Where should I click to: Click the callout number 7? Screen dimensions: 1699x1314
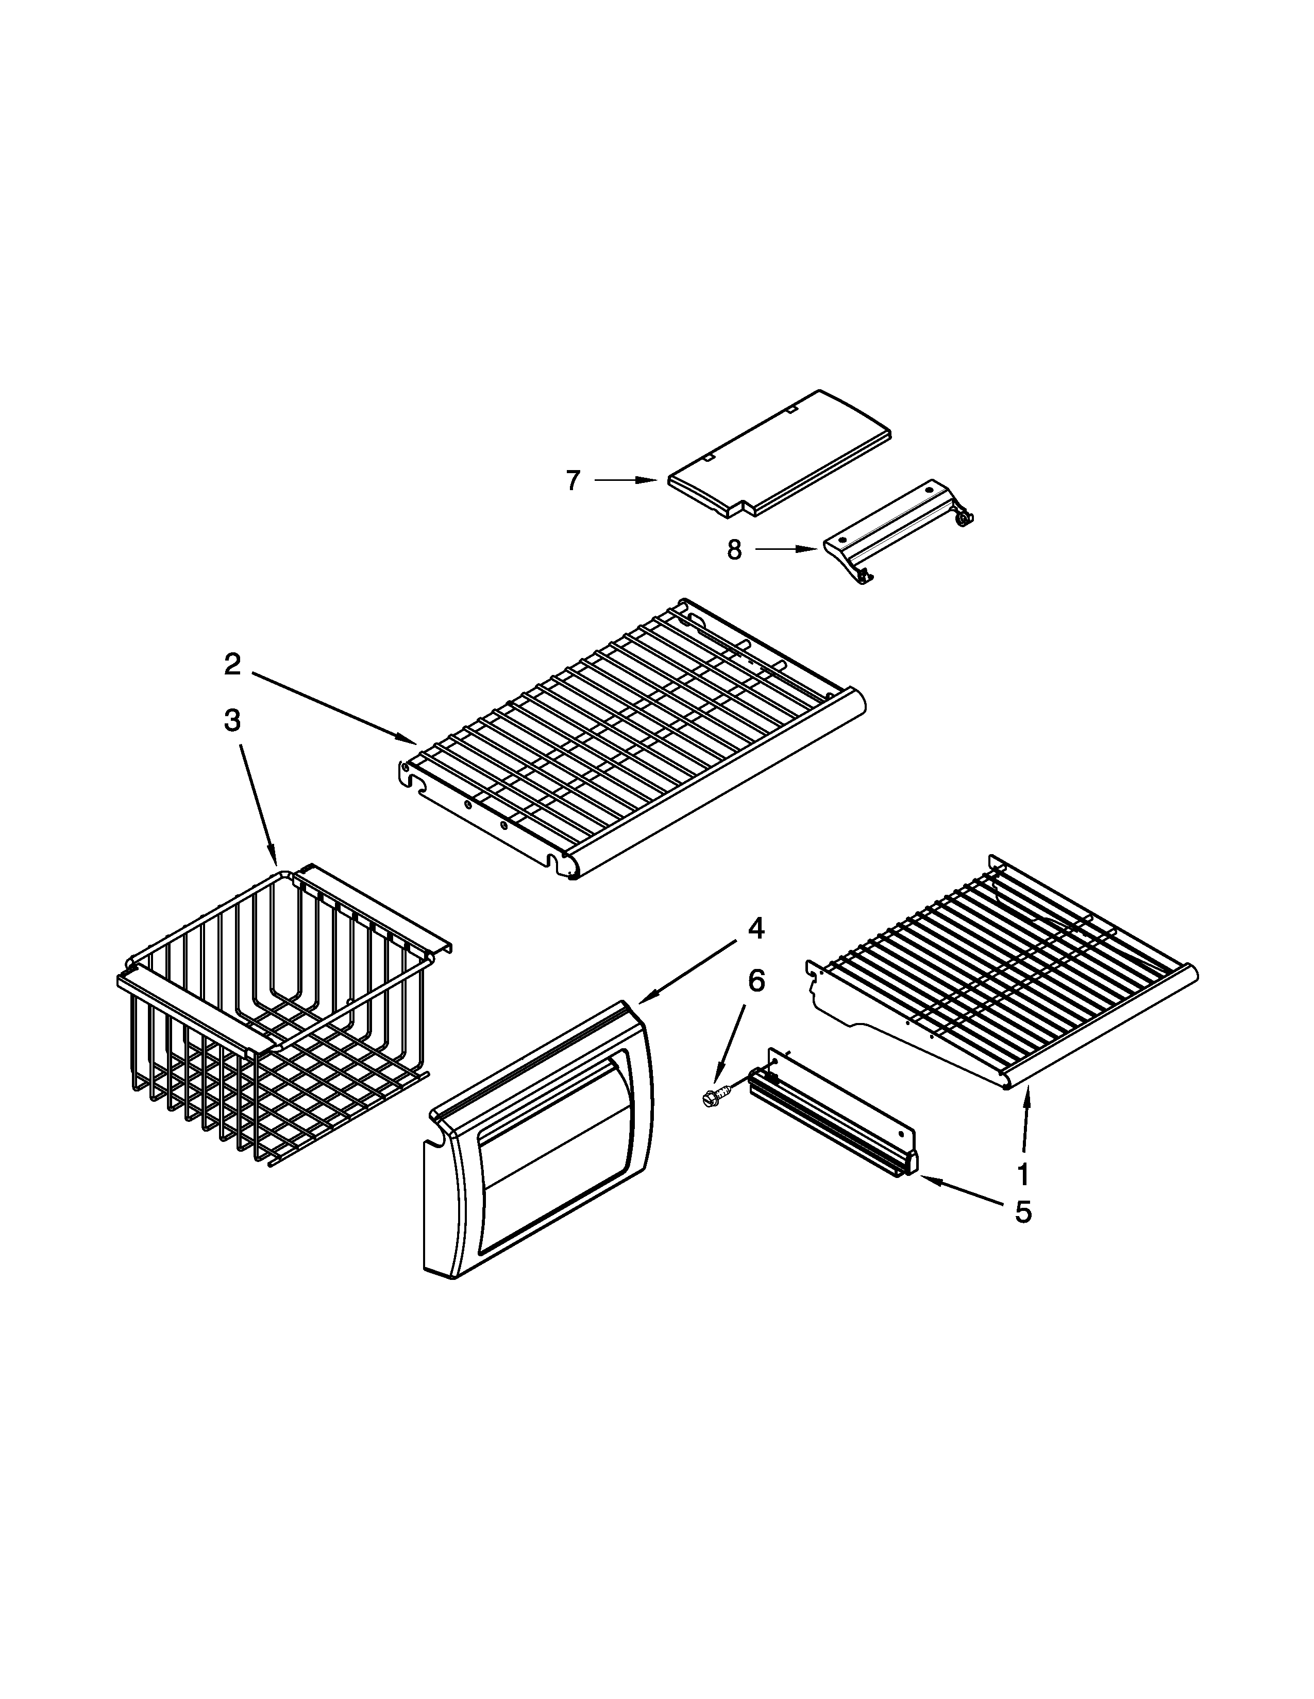[573, 481]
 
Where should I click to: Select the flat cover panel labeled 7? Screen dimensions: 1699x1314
[779, 451]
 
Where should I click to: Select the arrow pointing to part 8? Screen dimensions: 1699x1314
[786, 550]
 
